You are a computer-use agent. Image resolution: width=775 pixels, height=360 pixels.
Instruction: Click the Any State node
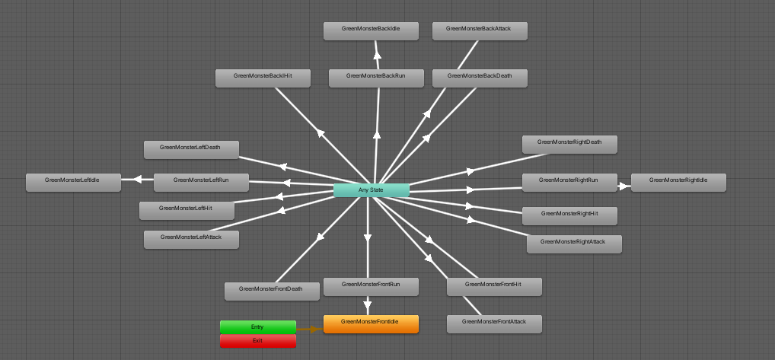click(x=371, y=190)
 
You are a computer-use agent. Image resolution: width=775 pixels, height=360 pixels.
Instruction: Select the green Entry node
click(x=257, y=327)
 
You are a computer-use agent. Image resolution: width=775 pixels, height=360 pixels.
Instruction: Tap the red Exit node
click(x=257, y=341)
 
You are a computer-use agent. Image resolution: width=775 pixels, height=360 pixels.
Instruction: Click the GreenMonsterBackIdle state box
click(x=371, y=30)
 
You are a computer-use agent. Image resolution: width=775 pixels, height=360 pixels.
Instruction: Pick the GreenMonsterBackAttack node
click(x=480, y=30)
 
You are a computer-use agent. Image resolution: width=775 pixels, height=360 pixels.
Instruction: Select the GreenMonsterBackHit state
click(x=263, y=78)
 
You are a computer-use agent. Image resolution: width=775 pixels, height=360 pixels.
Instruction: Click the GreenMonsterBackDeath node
click(x=480, y=78)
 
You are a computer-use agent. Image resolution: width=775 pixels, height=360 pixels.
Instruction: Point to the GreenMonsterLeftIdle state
click(x=73, y=182)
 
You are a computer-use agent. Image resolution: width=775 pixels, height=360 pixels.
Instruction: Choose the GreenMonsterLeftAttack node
click(x=191, y=239)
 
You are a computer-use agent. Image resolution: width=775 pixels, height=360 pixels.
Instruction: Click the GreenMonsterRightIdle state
click(x=678, y=182)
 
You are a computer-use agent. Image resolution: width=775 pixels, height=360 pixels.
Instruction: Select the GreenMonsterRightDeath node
click(x=569, y=144)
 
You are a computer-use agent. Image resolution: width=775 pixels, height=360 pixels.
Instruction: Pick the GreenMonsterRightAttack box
click(x=574, y=244)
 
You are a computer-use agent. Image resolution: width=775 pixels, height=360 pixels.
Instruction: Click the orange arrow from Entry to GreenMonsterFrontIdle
click(x=308, y=329)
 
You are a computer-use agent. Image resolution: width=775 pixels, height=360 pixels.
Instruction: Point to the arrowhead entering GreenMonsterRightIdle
click(x=625, y=185)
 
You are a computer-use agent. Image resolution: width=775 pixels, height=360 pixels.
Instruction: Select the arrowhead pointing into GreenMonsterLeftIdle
click(x=137, y=180)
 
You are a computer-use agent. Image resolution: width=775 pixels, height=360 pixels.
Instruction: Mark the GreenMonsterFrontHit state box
click(x=494, y=286)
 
